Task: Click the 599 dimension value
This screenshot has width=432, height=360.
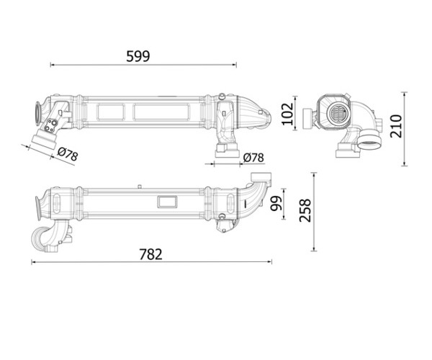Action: coord(138,56)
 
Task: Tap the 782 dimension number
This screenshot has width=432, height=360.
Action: coord(150,254)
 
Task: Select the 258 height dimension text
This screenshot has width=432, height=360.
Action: coord(305,210)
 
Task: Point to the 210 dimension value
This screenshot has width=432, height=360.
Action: coord(397,126)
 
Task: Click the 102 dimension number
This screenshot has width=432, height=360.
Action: coord(287,114)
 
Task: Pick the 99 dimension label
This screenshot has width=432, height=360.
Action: coord(276,204)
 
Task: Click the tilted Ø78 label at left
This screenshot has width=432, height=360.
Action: coord(68,154)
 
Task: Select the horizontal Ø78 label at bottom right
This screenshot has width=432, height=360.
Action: coord(253,158)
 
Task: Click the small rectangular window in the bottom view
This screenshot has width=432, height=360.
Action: coord(167,202)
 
